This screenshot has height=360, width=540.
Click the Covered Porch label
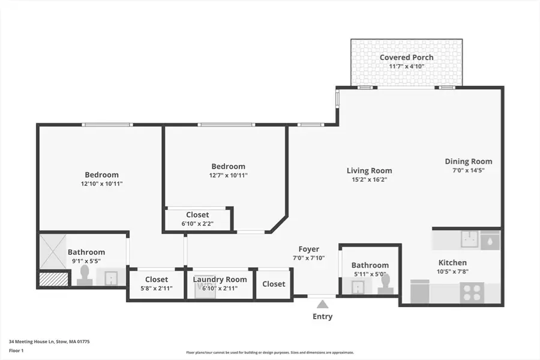(x=406, y=58)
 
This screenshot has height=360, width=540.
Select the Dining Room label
(x=468, y=161)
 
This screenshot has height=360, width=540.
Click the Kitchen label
(x=452, y=263)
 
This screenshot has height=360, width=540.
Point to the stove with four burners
(x=472, y=293)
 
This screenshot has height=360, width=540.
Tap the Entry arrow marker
(x=322, y=304)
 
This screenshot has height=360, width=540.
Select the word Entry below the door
(x=322, y=316)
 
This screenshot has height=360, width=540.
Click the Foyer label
(x=309, y=249)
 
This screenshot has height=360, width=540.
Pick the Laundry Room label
(x=220, y=280)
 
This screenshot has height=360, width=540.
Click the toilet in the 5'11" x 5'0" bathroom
(x=385, y=284)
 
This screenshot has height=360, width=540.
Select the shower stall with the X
(x=52, y=251)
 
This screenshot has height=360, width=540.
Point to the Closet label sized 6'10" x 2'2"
(x=197, y=215)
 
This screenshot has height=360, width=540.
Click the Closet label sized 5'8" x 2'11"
(x=156, y=280)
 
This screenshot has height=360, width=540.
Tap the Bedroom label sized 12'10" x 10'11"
(x=101, y=175)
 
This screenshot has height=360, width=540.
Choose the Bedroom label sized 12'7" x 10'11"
(x=228, y=166)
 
